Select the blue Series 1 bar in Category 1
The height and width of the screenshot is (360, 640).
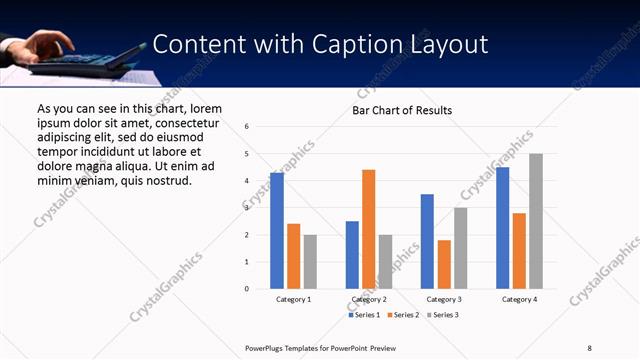pos(277,231)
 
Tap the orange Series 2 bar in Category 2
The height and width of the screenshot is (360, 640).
pos(368,229)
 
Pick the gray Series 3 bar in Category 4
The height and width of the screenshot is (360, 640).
pos(536,221)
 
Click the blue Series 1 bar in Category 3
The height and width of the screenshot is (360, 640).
pos(427,241)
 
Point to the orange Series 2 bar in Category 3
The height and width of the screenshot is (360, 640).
pos(444,264)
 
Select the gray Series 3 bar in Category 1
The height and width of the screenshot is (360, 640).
pos(310,262)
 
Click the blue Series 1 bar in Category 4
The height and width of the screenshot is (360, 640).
pos(502,228)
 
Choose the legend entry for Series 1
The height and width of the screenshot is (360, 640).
pos(365,315)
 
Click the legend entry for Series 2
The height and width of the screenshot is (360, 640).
pos(402,315)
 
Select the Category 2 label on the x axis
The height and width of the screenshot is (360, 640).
pos(368,299)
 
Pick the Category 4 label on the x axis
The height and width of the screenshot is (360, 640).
pos(519,299)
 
